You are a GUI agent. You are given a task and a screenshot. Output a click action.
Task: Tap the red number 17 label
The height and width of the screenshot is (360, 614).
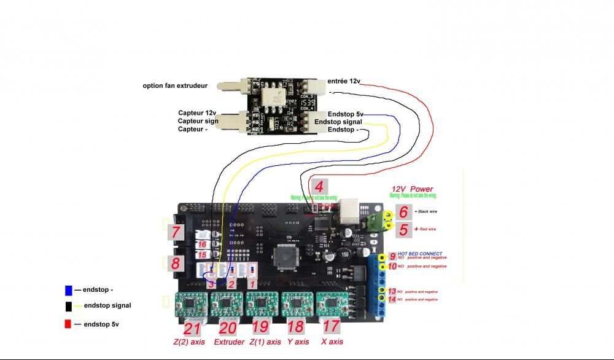click(331, 327)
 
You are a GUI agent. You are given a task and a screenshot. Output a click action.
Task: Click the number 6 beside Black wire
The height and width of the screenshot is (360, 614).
click(403, 213)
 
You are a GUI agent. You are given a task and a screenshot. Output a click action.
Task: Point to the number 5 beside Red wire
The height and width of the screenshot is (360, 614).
click(403, 230)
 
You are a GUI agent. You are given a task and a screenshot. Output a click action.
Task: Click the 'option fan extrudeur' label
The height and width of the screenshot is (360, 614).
click(175, 85)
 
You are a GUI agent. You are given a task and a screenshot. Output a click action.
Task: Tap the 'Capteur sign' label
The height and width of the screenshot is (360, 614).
click(198, 121)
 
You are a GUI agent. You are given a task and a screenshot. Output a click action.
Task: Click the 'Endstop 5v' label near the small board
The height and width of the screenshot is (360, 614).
click(345, 114)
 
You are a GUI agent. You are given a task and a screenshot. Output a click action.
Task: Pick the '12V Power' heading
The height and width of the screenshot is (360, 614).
click(412, 189)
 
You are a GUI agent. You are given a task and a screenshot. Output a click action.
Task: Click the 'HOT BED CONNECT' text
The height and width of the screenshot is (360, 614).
click(419, 253)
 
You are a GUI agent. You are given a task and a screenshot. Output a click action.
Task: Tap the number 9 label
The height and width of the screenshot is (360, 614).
click(392, 256)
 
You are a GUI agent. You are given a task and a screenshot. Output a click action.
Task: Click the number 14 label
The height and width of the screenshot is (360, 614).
click(392, 299)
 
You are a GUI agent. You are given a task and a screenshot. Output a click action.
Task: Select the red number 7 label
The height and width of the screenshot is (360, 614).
click(176, 232)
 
